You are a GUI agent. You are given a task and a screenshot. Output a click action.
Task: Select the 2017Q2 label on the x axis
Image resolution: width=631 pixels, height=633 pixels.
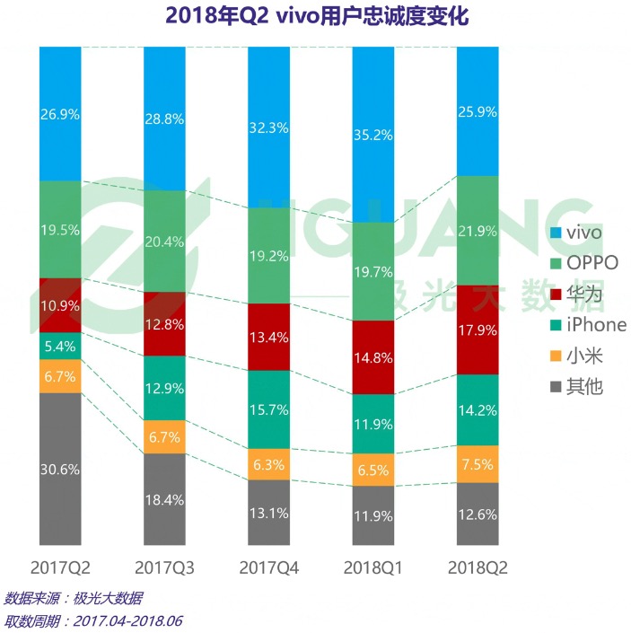coord(60,567)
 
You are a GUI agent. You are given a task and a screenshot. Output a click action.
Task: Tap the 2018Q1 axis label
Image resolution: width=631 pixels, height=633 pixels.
coord(372,567)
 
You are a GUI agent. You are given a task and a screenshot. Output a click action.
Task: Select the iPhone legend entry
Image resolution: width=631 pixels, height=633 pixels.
coord(589,325)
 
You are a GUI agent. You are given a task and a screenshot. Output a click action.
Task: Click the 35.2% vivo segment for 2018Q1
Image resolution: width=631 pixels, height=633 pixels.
coord(373,135)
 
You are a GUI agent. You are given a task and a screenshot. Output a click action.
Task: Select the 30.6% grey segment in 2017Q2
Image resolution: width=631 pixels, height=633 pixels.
coord(60,468)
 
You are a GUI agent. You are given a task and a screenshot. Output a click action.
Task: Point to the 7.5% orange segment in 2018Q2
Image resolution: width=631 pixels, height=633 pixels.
coord(478,464)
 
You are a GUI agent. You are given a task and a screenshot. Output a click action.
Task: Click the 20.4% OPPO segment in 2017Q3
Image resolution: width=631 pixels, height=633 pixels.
coord(165,241)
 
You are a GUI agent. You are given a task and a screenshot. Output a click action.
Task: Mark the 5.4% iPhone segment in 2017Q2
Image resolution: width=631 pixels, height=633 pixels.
coord(60,346)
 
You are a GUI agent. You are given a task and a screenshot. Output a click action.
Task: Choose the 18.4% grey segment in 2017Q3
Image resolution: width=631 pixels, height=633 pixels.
coord(165,498)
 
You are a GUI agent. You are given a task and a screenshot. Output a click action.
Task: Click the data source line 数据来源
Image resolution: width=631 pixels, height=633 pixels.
coord(73,598)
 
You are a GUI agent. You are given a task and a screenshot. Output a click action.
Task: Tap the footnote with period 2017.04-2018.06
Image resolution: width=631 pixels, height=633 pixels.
coord(93,620)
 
